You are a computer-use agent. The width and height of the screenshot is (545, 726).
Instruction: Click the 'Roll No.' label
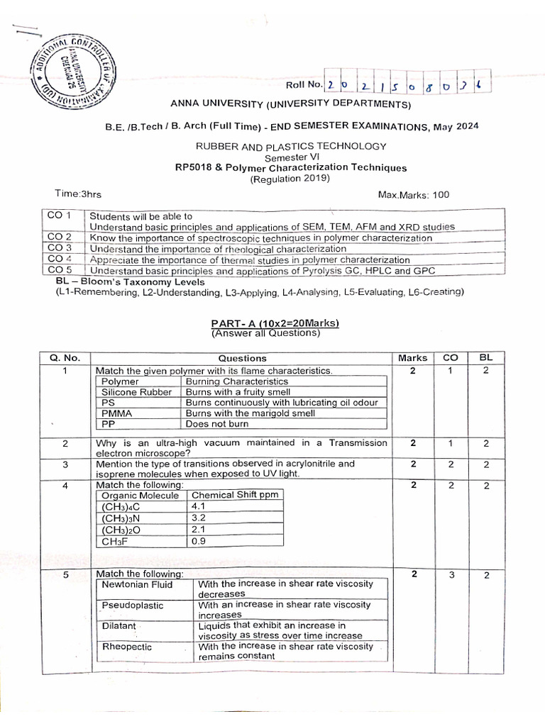(x=304, y=86)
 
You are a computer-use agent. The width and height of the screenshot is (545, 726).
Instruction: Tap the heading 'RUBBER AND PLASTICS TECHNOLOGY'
(x=292, y=146)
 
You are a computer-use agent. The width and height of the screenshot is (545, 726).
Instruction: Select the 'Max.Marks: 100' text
(x=413, y=194)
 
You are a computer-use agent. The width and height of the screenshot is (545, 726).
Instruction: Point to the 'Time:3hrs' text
(x=78, y=193)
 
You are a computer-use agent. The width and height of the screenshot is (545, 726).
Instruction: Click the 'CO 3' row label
(x=59, y=248)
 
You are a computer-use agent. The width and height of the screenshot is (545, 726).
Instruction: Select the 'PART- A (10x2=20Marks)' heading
(x=276, y=323)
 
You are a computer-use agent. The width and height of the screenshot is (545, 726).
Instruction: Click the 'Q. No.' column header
(x=65, y=358)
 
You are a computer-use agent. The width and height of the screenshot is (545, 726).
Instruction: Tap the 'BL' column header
(x=486, y=357)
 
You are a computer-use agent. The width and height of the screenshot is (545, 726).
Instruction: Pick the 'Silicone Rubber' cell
(x=136, y=391)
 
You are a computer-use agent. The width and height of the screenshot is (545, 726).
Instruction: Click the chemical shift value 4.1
(x=198, y=507)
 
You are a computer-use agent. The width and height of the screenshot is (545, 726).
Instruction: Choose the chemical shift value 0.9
(x=198, y=542)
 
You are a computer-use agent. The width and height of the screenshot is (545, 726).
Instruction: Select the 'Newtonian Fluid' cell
(x=137, y=584)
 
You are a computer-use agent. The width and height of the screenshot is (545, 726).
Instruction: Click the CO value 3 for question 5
(x=451, y=575)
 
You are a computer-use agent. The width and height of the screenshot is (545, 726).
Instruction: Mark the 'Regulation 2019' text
(x=290, y=179)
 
